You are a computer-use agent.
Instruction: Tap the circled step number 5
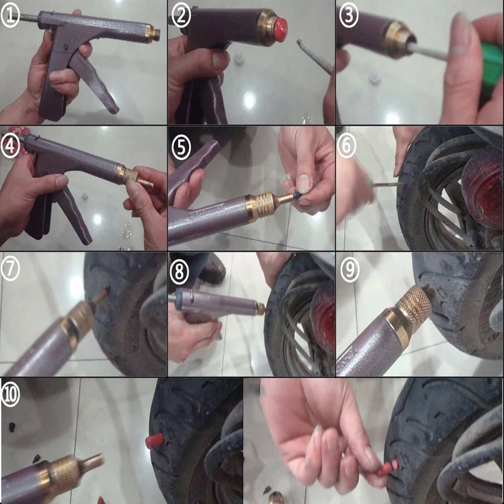pyautogui.click(x=181, y=147)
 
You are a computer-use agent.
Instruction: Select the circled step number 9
pyautogui.click(x=349, y=271)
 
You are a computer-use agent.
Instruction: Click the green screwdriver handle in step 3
pyautogui.click(x=489, y=66)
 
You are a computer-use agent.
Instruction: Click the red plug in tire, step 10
pyautogui.click(x=154, y=441)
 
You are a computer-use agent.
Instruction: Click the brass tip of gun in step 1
pyautogui.click(x=152, y=34)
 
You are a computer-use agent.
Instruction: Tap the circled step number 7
pyautogui.click(x=11, y=270)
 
